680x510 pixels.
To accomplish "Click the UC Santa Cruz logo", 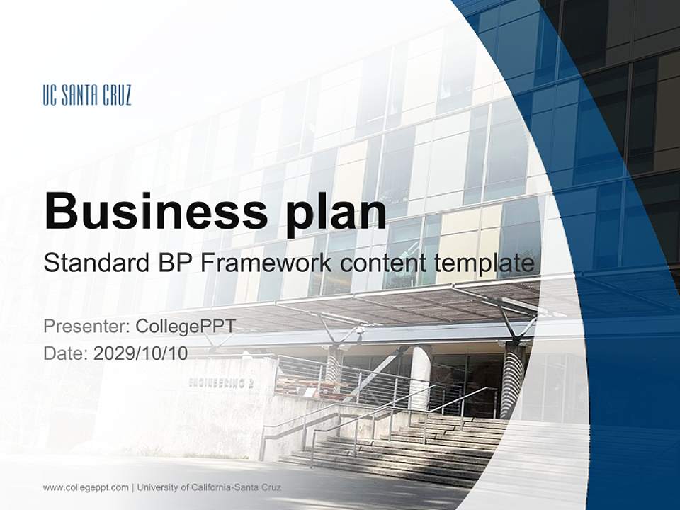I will [87, 96].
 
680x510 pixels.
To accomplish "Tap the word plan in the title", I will [337, 211].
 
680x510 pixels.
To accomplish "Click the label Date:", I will [66, 353].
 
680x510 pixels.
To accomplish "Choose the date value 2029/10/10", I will [140, 353].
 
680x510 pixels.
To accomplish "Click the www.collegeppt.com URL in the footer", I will [86, 487].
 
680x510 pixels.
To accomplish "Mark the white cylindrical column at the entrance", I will [420, 375].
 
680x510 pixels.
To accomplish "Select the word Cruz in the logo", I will [116, 96].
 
